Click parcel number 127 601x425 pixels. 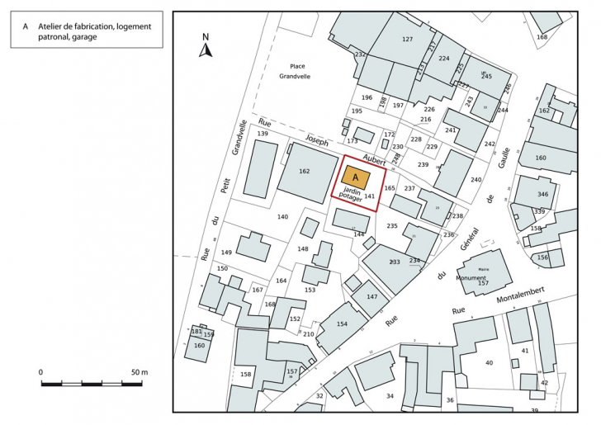click(406, 40)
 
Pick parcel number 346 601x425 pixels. click(542, 194)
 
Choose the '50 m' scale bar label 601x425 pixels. click(139, 372)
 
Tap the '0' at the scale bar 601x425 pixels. click(41, 372)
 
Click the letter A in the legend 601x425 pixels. click(26, 26)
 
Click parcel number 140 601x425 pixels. click(282, 216)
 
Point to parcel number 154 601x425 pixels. click(342, 323)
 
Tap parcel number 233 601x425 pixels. click(395, 262)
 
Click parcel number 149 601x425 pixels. click(226, 253)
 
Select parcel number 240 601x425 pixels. click(476, 180)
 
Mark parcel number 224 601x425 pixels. click(444, 59)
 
